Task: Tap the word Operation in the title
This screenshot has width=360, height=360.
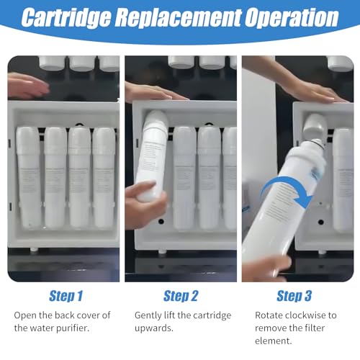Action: click(293, 18)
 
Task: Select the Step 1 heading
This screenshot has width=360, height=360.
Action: click(66, 296)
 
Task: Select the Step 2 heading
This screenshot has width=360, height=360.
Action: click(181, 296)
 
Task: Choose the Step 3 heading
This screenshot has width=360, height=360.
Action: click(294, 296)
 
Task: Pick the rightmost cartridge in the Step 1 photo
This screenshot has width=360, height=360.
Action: click(104, 176)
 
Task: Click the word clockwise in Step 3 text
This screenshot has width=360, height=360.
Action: click(307, 315)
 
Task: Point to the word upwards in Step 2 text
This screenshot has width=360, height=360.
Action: click(157, 328)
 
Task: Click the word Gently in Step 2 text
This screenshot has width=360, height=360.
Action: click(149, 315)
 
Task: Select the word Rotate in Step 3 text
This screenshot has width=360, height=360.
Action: click(270, 315)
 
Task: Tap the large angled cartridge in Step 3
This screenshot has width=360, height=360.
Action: click(295, 194)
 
